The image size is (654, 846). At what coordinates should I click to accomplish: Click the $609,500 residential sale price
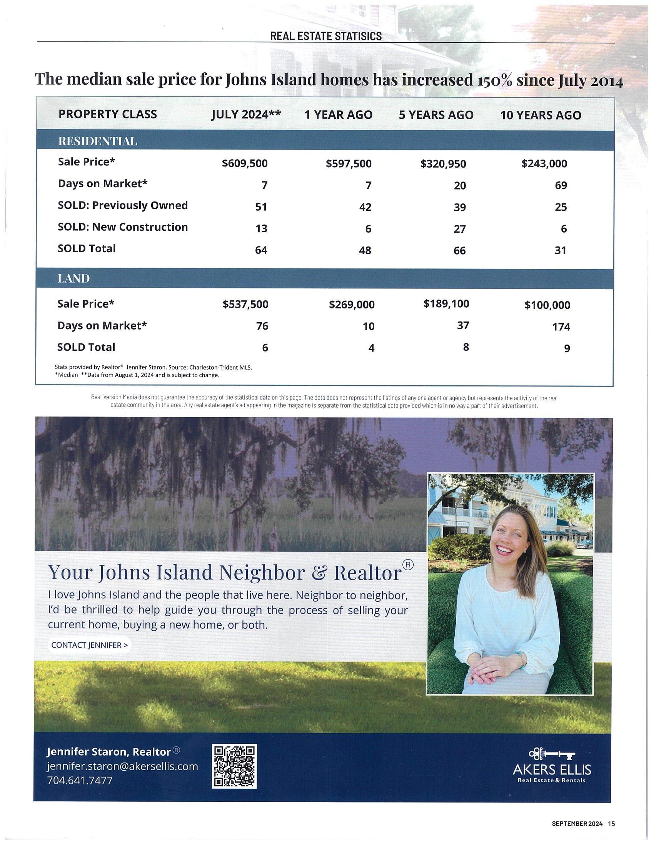coord(244,163)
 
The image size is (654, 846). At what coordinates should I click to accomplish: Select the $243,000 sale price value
coord(544,163)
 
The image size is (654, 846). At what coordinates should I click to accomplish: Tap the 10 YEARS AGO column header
coord(541,115)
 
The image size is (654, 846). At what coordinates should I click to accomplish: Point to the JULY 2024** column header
coord(246,115)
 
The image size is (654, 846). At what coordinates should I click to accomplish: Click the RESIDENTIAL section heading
coord(98,142)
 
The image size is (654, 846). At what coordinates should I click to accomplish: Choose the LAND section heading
coord(73,278)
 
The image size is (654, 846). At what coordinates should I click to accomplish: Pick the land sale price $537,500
coord(245,305)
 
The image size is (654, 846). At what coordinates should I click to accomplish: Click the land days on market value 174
coord(561,327)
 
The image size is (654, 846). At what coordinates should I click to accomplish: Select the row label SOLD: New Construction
coord(123,227)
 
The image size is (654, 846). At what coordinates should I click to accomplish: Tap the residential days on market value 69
coord(561,185)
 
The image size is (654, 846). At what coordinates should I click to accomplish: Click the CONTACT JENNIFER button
coord(90,645)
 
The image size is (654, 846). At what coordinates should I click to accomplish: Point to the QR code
coord(234,766)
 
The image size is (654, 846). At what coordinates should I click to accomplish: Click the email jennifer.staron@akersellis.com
coord(122,766)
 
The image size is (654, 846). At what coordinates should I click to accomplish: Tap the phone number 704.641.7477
coord(80,780)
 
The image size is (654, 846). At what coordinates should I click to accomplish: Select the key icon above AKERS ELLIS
coord(552,753)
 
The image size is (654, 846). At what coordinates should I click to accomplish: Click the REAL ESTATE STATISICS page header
coord(326,36)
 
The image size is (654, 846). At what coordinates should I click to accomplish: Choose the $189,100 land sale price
coord(446,304)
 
